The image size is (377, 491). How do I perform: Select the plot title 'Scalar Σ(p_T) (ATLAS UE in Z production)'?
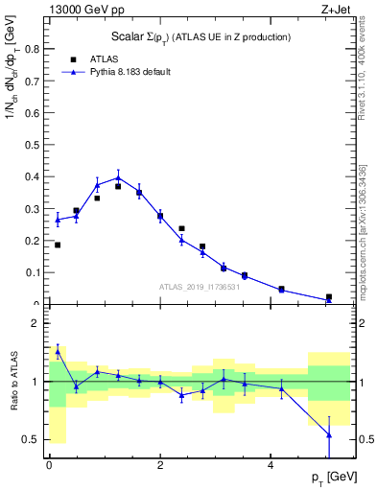[199, 36]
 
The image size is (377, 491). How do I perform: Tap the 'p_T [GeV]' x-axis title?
[329, 477]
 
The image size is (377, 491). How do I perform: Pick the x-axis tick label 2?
[160, 464]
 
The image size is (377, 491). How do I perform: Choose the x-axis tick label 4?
[271, 464]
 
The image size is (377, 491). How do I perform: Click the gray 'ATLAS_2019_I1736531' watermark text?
[199, 288]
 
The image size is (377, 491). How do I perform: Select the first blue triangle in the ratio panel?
[58, 351]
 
